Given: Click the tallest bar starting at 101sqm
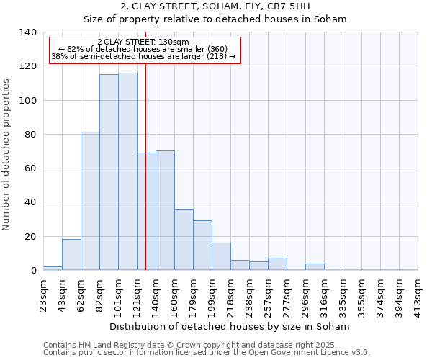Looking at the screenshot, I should pos(127,171).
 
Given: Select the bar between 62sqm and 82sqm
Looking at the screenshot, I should pos(90,201).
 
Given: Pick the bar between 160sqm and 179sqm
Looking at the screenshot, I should pos(184,239).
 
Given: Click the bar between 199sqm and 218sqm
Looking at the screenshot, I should pos(221,256).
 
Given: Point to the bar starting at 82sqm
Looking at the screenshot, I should pos(109,172).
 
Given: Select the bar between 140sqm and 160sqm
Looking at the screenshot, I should pos(165,210).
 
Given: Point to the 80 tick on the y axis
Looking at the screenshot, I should pos(31,135).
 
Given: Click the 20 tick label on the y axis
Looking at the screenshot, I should pos(31,236).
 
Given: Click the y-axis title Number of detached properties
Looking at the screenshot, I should pos(7,151).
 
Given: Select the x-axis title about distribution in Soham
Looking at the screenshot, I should pos(230,326).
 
